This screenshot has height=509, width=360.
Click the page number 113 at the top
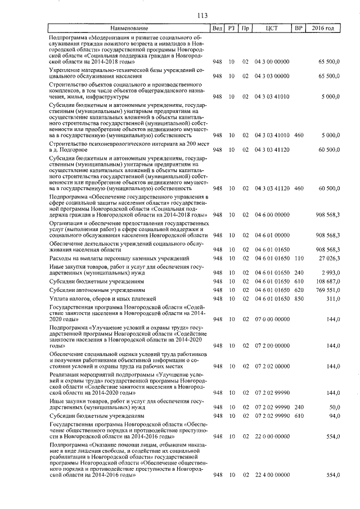point(179,15)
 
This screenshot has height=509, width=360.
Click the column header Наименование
point(129,28)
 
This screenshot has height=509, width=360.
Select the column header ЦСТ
point(272,28)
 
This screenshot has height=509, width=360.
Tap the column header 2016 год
point(323,28)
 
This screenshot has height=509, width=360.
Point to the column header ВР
point(299,28)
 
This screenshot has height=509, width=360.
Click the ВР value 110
point(299,258)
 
